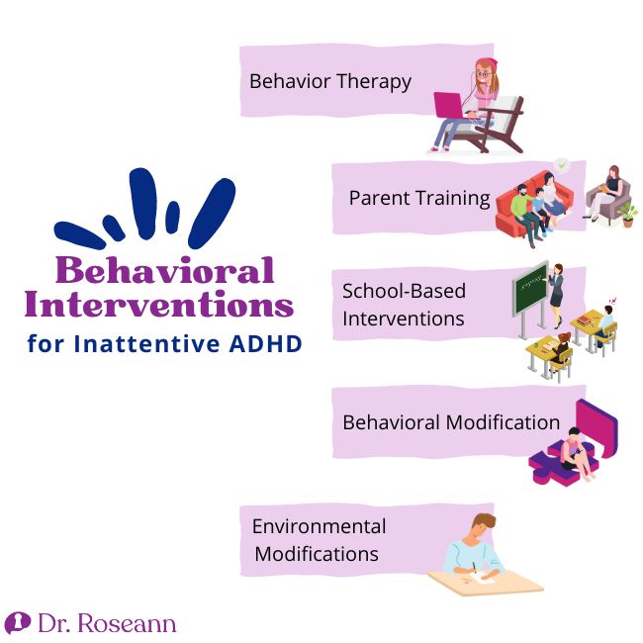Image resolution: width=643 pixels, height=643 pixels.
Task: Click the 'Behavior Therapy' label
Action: [330, 81]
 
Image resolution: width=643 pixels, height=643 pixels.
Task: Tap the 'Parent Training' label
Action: [419, 198]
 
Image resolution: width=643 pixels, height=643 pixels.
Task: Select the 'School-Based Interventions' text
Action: [404, 305]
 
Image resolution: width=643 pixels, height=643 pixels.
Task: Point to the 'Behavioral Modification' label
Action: [451, 422]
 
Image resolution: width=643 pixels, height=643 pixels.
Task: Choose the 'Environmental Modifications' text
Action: [320, 540]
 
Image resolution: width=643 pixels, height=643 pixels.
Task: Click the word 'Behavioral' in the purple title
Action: [165, 270]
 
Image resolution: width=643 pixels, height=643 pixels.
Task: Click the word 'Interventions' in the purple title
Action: [159, 304]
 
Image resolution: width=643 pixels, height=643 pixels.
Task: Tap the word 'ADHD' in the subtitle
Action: [266, 343]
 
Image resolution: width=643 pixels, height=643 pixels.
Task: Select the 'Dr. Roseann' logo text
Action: [107, 623]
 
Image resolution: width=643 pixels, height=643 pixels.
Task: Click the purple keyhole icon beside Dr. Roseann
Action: [18, 623]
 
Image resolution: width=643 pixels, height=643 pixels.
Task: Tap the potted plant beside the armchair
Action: [627, 214]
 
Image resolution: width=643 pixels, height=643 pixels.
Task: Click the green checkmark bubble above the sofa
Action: [562, 165]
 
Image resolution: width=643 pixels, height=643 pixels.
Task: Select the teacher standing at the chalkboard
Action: [556, 295]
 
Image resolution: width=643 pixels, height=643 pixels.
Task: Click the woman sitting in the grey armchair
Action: [605, 192]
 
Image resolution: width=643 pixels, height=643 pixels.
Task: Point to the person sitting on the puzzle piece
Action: [576, 454]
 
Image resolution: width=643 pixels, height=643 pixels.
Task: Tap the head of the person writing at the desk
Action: [484, 525]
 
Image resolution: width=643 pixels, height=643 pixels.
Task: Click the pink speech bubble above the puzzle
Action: [597, 427]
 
